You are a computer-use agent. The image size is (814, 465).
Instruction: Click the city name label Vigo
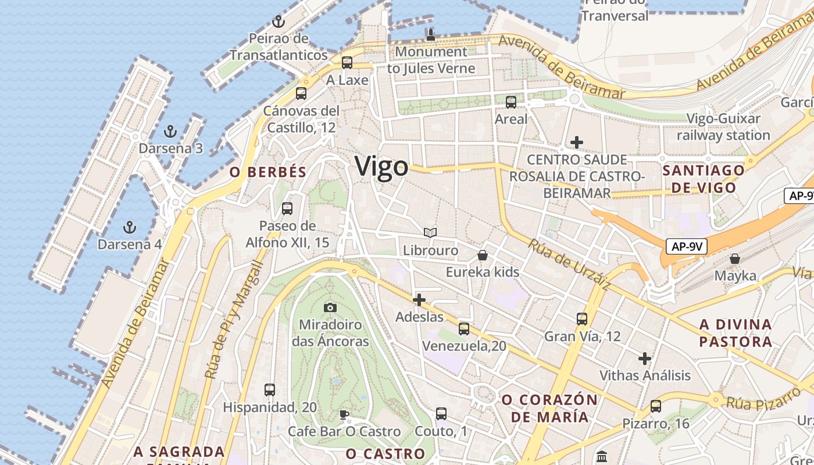(381, 167)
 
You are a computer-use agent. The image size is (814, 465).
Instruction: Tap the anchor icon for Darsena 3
(170, 131)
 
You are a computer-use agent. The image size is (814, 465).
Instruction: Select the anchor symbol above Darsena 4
(130, 227)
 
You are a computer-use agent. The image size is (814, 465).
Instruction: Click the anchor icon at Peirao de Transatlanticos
(279, 22)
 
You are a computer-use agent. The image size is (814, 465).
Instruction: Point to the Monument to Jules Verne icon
(431, 34)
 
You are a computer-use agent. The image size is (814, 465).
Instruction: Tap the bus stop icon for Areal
(511, 102)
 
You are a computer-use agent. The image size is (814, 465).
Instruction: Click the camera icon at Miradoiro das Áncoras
(330, 307)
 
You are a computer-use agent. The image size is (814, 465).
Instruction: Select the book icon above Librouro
(430, 233)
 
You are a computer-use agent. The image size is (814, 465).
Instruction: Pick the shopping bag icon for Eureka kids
(483, 255)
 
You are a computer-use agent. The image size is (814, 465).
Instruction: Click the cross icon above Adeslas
(419, 300)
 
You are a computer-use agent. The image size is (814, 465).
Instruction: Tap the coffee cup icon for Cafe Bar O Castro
(344, 414)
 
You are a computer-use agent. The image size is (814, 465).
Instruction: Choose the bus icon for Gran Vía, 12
(582, 319)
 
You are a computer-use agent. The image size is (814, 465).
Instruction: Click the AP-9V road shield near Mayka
(687, 246)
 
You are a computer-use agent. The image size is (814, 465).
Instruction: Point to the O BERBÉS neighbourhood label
(267, 172)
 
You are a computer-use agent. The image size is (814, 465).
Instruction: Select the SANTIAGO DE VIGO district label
(703, 179)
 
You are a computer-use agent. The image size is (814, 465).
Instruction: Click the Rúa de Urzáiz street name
(569, 263)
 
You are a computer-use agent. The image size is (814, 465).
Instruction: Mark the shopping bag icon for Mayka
(735, 258)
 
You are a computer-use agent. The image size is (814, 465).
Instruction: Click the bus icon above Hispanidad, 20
(269, 390)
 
